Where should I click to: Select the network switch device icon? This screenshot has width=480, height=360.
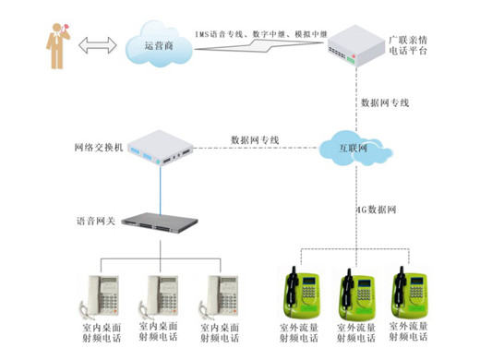coord(161,147)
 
